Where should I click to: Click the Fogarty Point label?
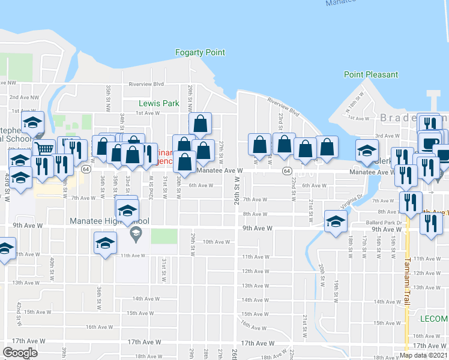[x=200, y=53]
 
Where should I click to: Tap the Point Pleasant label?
[x=370, y=75]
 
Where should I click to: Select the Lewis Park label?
[x=159, y=103]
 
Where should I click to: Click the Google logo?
[x=20, y=352]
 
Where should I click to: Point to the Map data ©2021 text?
[x=424, y=355]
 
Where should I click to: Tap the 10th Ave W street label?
[x=216, y=242]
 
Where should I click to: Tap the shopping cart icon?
[x=43, y=148]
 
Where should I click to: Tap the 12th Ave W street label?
[x=255, y=271]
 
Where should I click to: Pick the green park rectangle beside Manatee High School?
[x=160, y=236]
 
